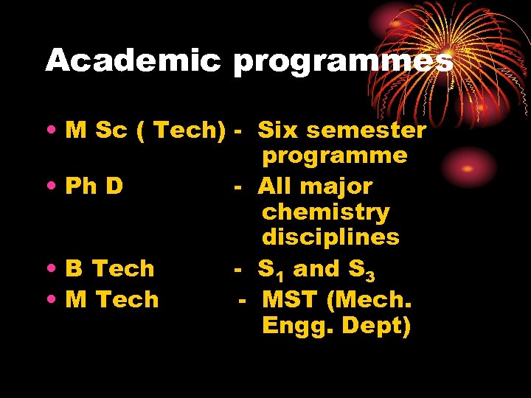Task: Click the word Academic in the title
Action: [x=133, y=60]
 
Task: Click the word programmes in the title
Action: [x=342, y=62]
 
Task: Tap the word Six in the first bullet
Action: [x=278, y=130]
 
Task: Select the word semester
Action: [x=366, y=130]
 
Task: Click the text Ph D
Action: [x=94, y=186]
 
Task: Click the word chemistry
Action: [x=325, y=212]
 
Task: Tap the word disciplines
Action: [x=330, y=237]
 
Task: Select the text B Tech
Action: [x=110, y=268]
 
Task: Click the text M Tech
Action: [x=112, y=299]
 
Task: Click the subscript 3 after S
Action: [x=370, y=275]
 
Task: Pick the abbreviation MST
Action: [x=292, y=299]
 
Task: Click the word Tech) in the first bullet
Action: [x=189, y=130]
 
